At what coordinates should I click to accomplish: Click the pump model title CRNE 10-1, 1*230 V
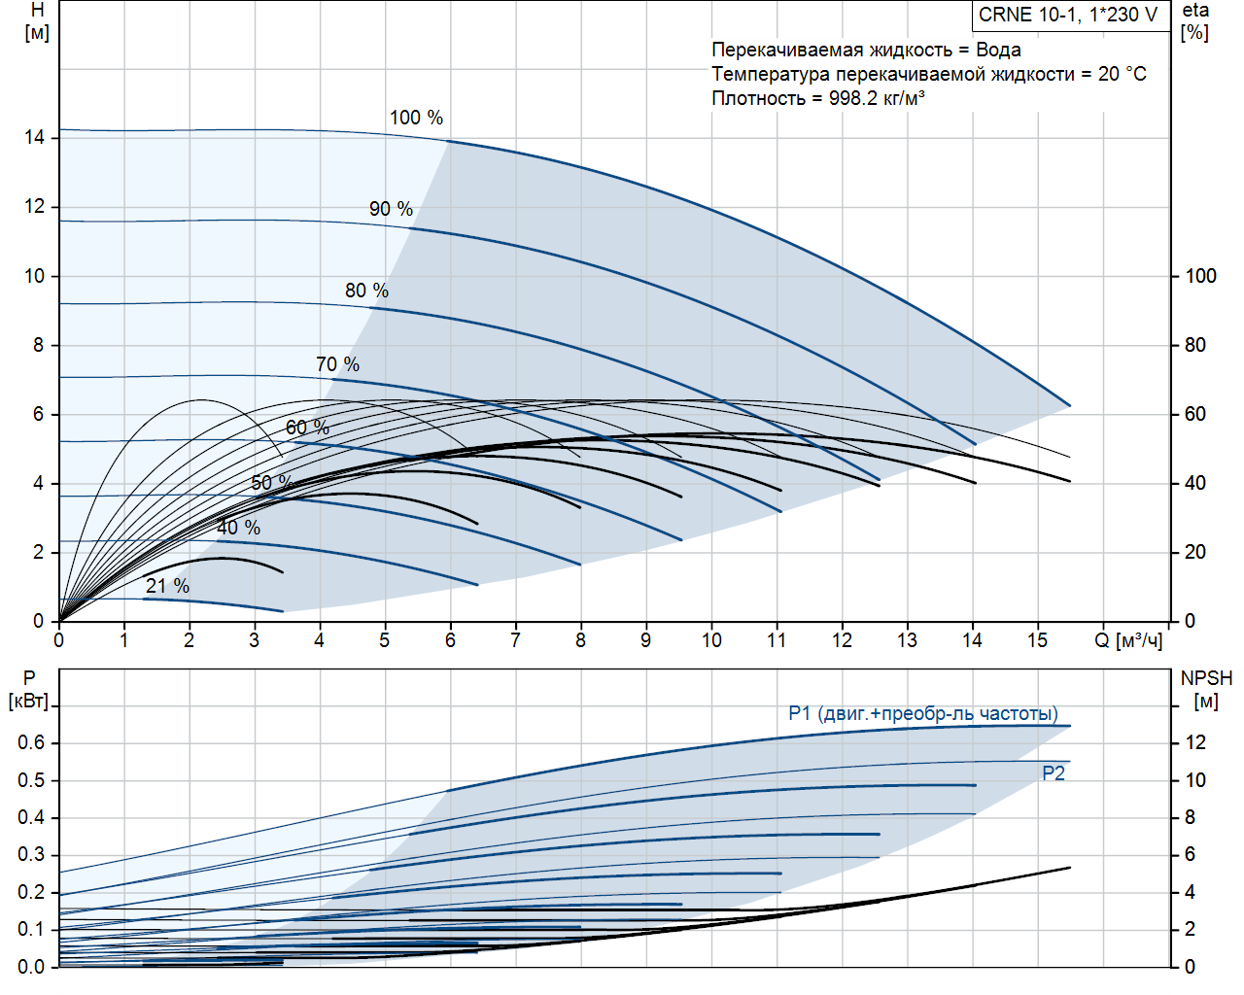point(1068,15)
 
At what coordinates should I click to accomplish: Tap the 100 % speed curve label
point(416,118)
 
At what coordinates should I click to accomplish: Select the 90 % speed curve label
point(391,209)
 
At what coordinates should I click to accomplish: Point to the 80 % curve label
point(366,291)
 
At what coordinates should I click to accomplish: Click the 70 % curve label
point(337,364)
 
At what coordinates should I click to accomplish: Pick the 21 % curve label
point(167,586)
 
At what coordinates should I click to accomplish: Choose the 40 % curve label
point(238,528)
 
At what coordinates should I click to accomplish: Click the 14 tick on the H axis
point(35,137)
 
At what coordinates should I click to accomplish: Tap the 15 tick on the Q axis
point(1037,640)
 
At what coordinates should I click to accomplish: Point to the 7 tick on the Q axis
point(515,640)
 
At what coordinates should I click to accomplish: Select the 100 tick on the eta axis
point(1200,276)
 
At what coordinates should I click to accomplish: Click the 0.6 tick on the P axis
point(31,743)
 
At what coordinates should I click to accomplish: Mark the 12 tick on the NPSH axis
point(1194,743)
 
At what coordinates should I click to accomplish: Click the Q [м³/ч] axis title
point(1128,640)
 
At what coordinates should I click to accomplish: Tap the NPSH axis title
point(1205,678)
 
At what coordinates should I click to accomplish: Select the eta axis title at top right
point(1195,11)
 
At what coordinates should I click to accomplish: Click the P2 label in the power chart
point(1054,773)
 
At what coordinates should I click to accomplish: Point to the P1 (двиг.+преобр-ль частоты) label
point(922,714)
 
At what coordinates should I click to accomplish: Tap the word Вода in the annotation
point(998,50)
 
